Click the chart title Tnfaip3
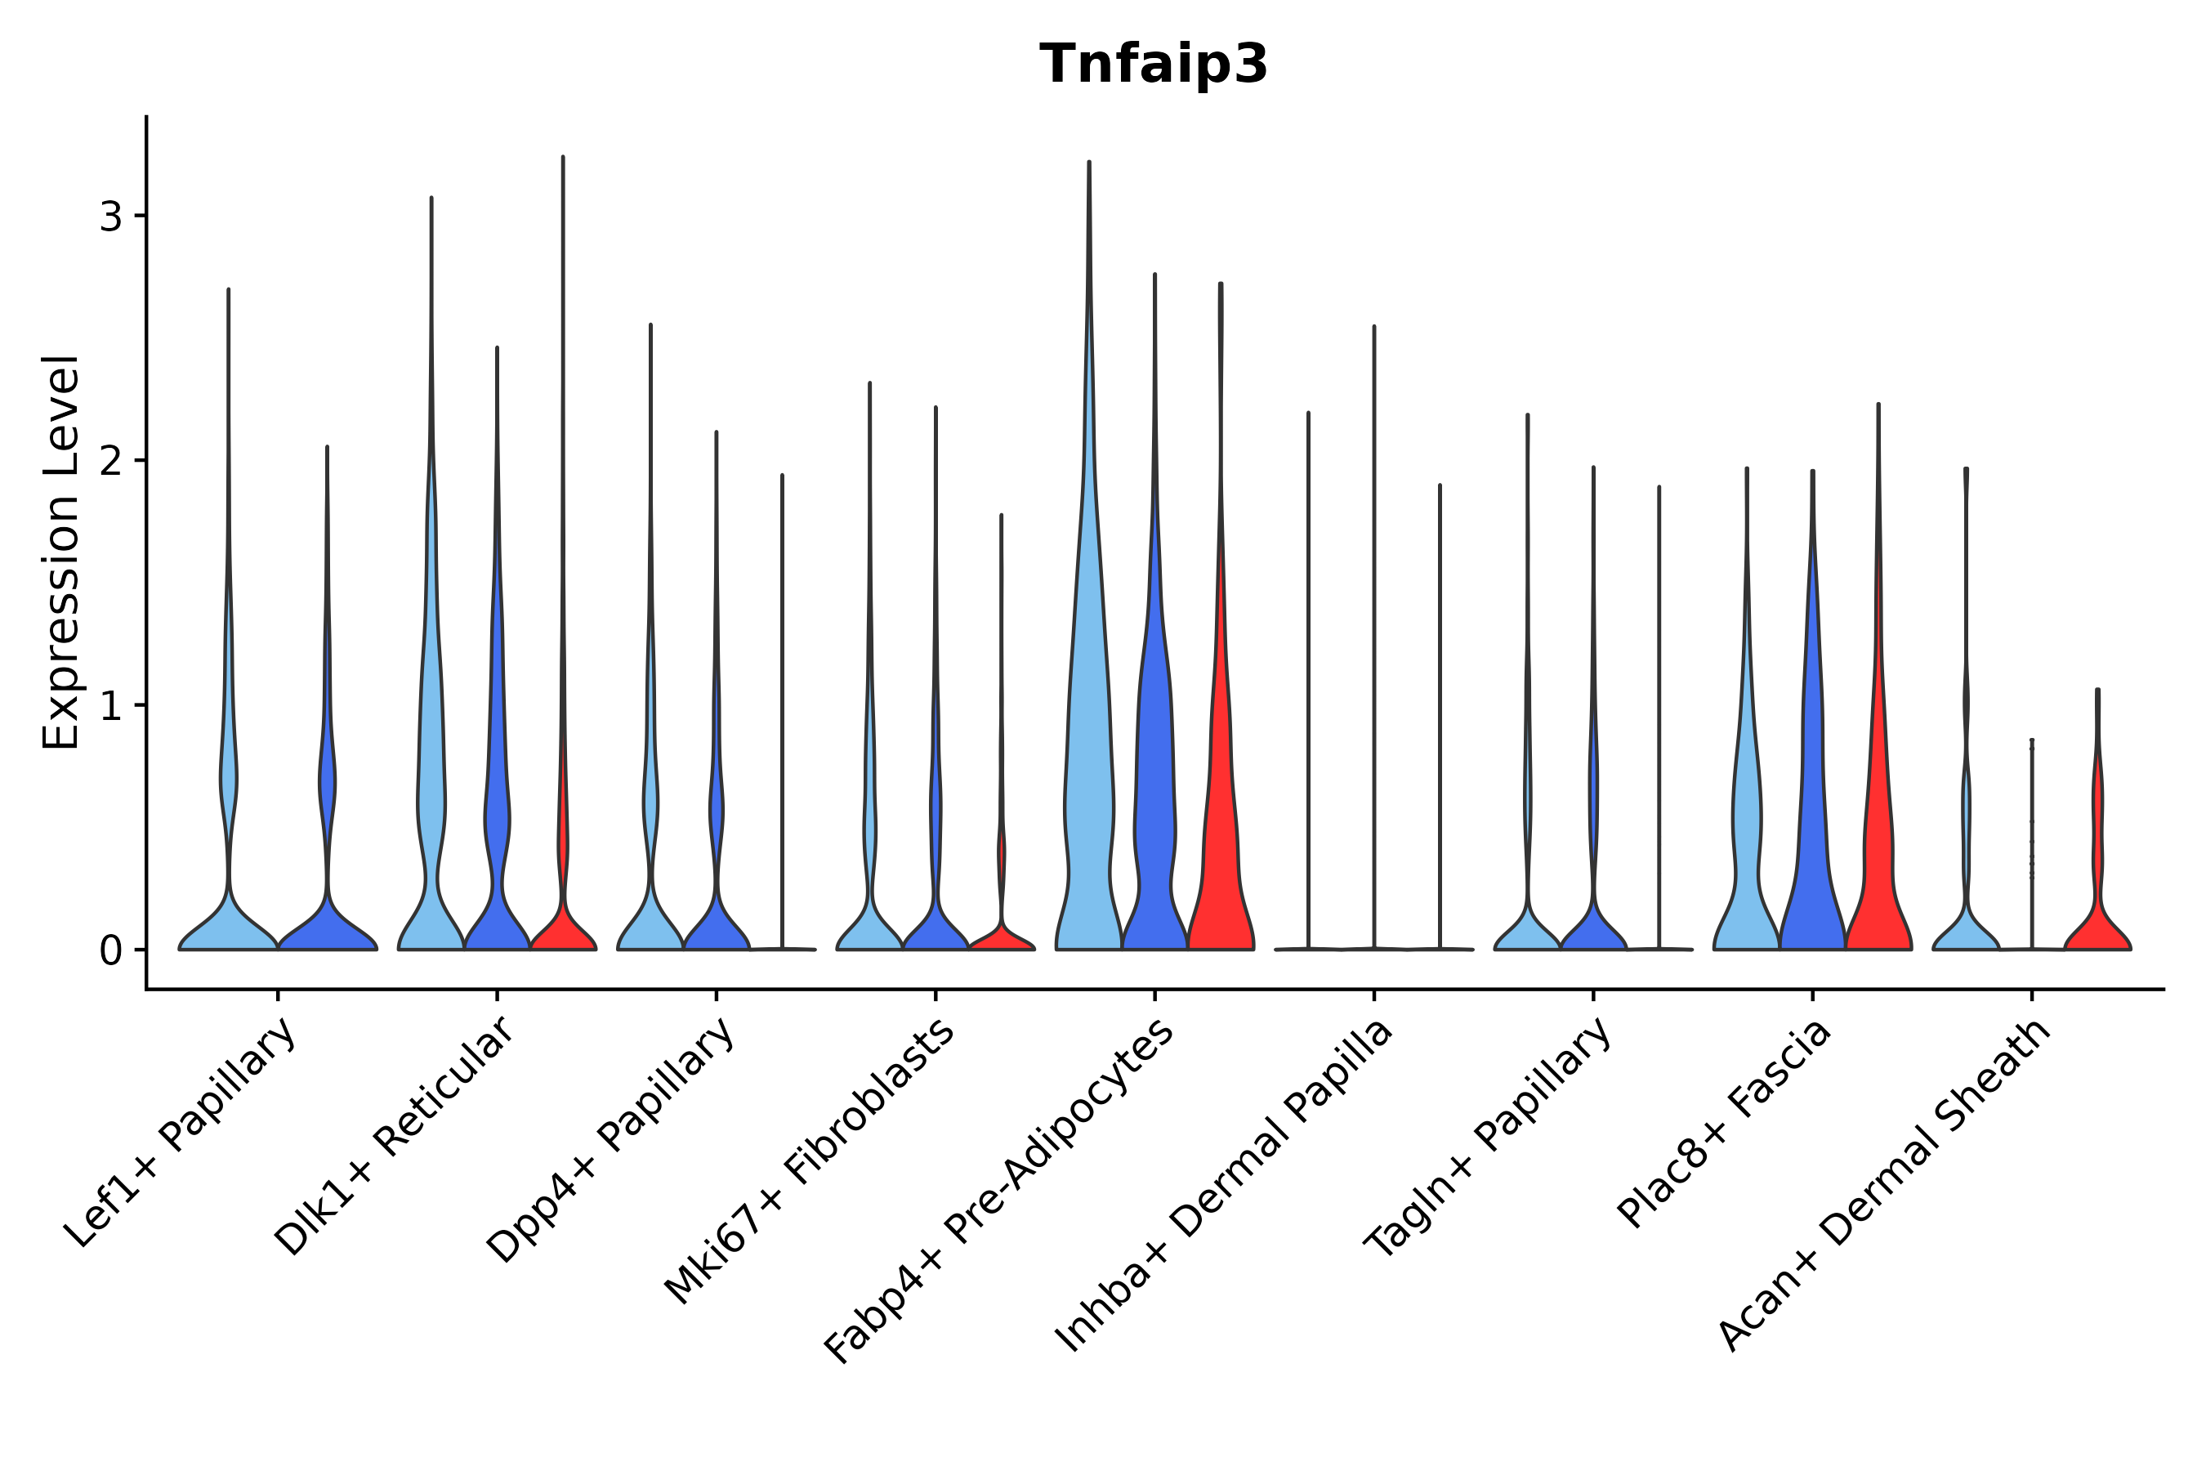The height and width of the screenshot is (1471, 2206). click(1154, 65)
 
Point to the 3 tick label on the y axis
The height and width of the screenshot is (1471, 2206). click(110, 217)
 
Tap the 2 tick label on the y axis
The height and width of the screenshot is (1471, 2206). click(110, 461)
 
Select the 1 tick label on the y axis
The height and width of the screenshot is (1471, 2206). click(110, 705)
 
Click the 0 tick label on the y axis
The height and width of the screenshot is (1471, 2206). click(110, 950)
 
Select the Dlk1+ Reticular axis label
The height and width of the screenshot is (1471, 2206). click(395, 1136)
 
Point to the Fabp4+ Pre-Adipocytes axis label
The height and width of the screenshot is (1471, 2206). click(1000, 1192)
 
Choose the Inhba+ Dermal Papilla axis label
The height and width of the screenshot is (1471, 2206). click(1225, 1186)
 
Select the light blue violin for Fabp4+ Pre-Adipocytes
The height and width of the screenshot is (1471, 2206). click(1088, 798)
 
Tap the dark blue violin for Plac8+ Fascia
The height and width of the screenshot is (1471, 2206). click(1812, 844)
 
